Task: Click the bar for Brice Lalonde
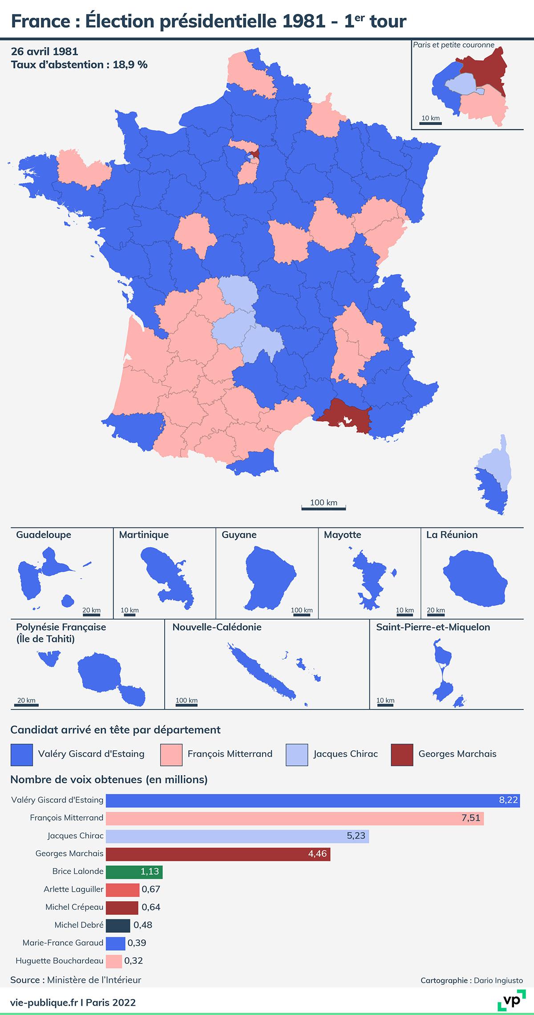[134, 871]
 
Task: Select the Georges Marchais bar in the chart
[218, 854]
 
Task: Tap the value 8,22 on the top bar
[508, 800]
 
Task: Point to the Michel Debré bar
[118, 925]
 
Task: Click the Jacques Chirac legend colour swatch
[297, 754]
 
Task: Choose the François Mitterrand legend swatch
[171, 754]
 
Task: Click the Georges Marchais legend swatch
[402, 754]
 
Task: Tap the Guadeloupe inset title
[44, 535]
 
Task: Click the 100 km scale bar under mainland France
[324, 507]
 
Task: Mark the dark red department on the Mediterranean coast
[343, 416]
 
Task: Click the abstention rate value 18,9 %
[130, 65]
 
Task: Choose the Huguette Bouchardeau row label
[59, 960]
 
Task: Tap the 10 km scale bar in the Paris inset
[430, 123]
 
